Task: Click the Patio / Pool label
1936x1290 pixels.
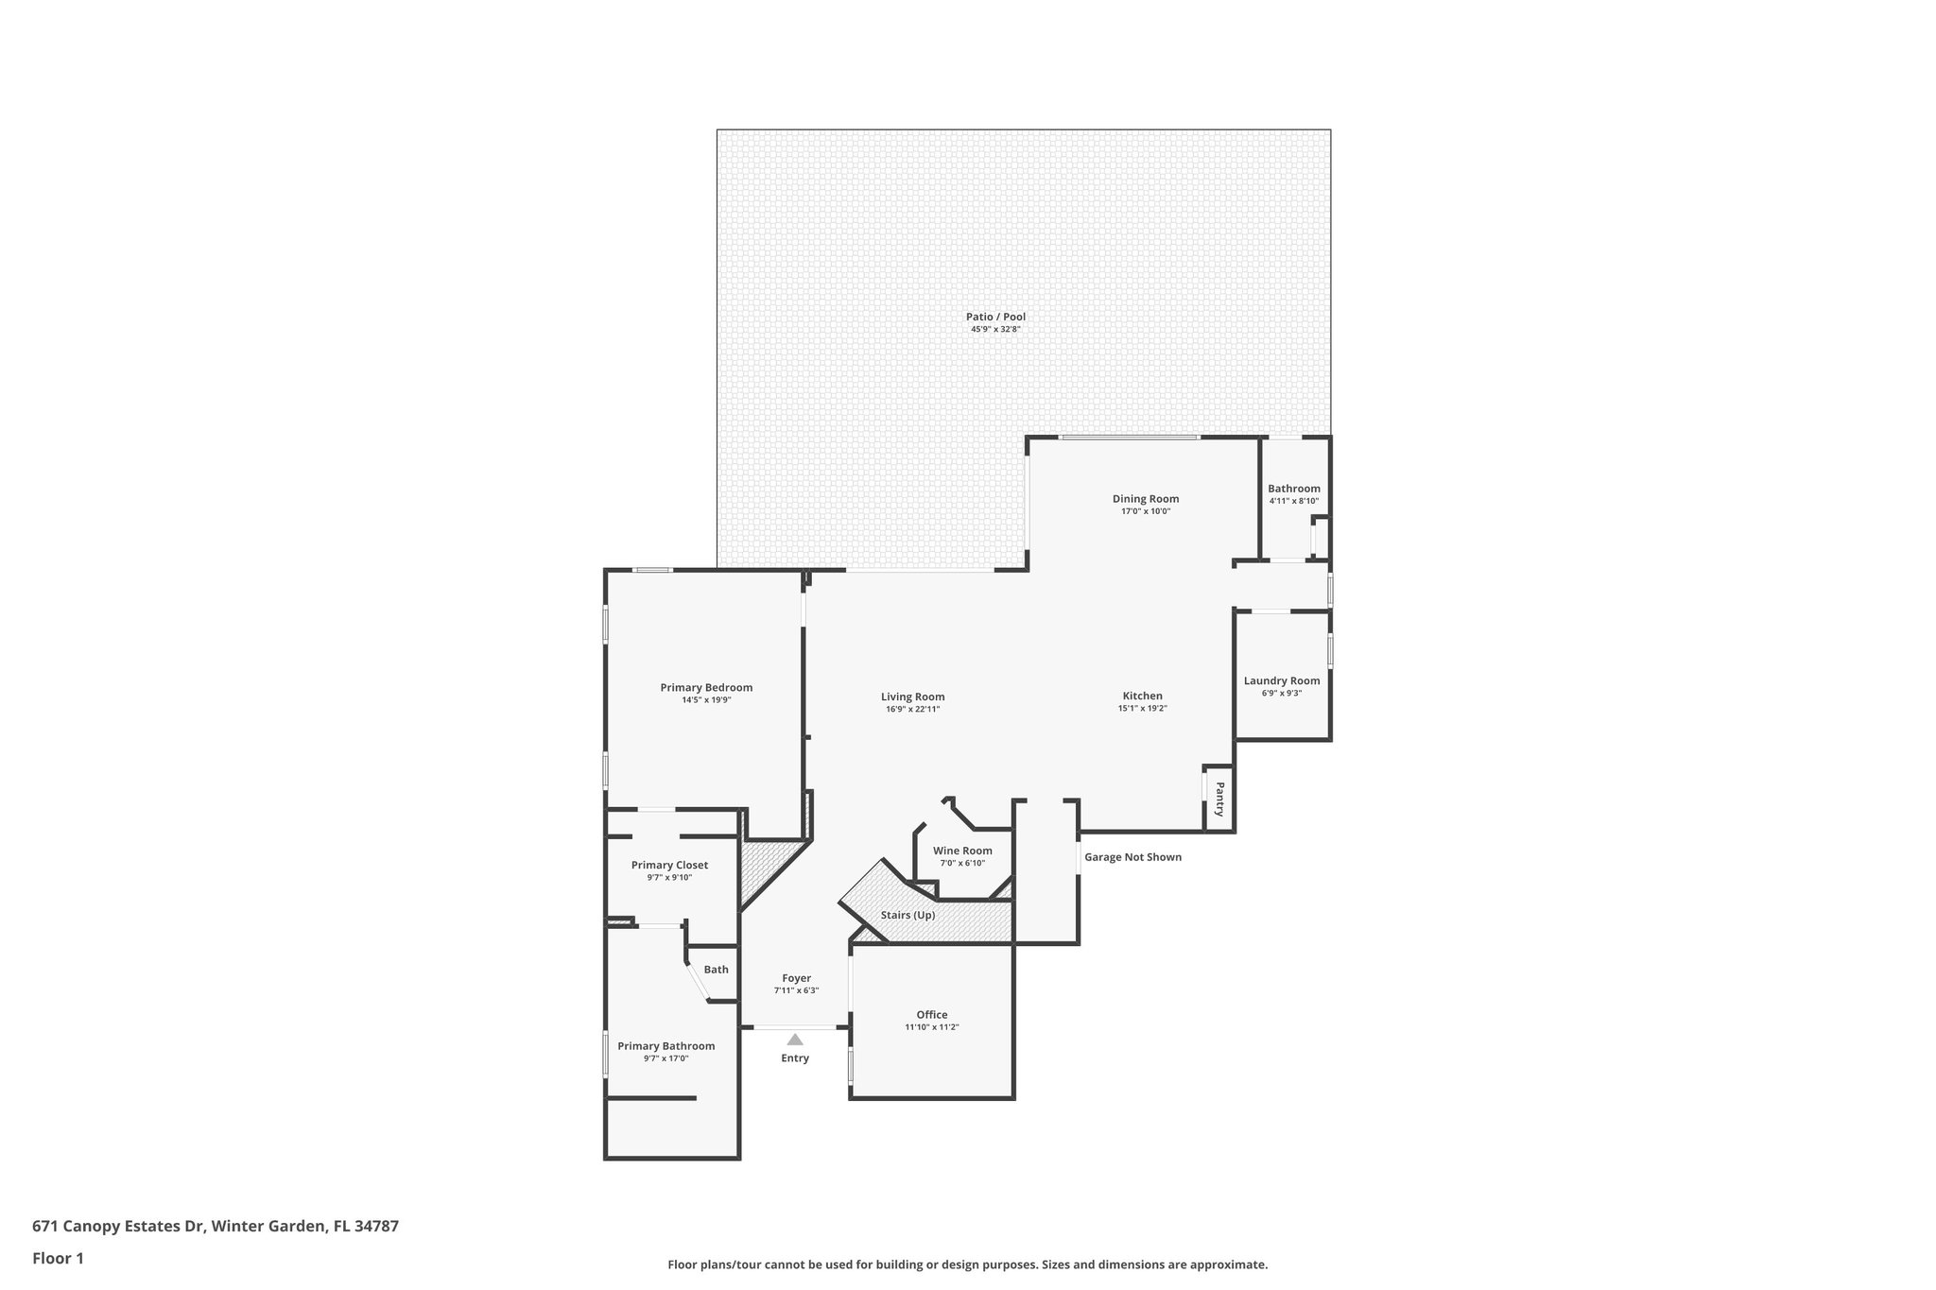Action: click(995, 317)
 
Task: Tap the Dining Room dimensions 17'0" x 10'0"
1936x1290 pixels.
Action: click(1145, 511)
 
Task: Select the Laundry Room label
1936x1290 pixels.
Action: click(1281, 680)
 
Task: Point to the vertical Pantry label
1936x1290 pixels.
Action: click(1219, 799)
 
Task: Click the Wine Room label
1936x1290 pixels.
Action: click(962, 851)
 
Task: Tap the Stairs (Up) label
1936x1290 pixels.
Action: click(907, 915)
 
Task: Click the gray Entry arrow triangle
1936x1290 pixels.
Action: click(795, 1039)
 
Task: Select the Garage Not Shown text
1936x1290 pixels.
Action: click(1132, 857)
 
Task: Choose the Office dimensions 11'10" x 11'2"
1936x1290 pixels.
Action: click(931, 1027)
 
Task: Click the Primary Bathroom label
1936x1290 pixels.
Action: click(665, 1046)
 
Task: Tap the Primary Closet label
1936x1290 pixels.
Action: click(669, 865)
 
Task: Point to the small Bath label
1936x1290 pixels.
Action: click(716, 970)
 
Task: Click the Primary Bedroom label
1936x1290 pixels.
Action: click(706, 687)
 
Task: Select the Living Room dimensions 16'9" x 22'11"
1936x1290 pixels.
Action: click(912, 709)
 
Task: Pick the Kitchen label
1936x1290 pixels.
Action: click(1142, 696)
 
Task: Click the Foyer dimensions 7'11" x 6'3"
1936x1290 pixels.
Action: click(796, 990)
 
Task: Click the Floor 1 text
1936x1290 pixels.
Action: click(58, 1258)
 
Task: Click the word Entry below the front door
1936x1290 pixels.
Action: click(795, 1058)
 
